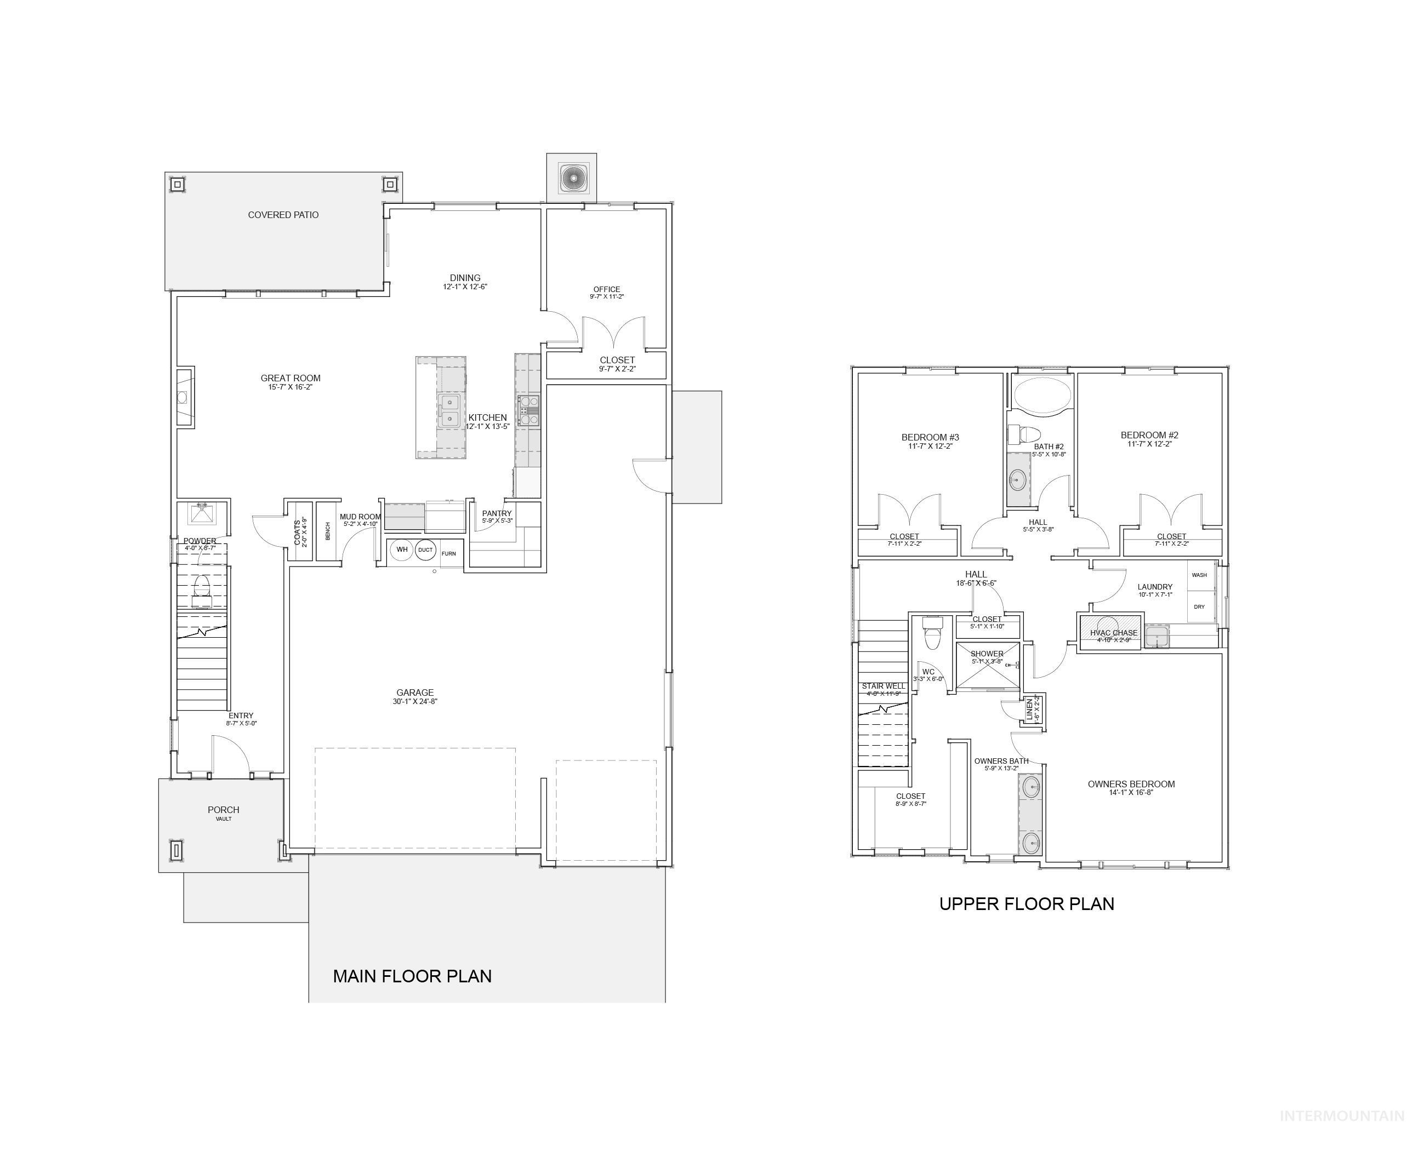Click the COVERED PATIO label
click(x=283, y=215)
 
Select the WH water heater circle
click(x=402, y=550)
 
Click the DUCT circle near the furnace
click(x=425, y=550)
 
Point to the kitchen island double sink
click(x=449, y=411)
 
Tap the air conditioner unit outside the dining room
click(x=572, y=178)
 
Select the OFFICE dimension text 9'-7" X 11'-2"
click(x=606, y=297)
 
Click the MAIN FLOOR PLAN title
click(x=412, y=976)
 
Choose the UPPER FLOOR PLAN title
click(x=1027, y=903)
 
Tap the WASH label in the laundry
click(x=1199, y=575)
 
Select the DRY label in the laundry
click(x=1199, y=607)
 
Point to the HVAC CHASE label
click(x=1114, y=632)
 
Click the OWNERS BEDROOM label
click(x=1131, y=784)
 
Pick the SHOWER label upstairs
click(x=987, y=653)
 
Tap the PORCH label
click(x=223, y=810)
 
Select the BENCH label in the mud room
click(x=328, y=531)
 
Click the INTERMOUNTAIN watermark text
click(x=1341, y=1116)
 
